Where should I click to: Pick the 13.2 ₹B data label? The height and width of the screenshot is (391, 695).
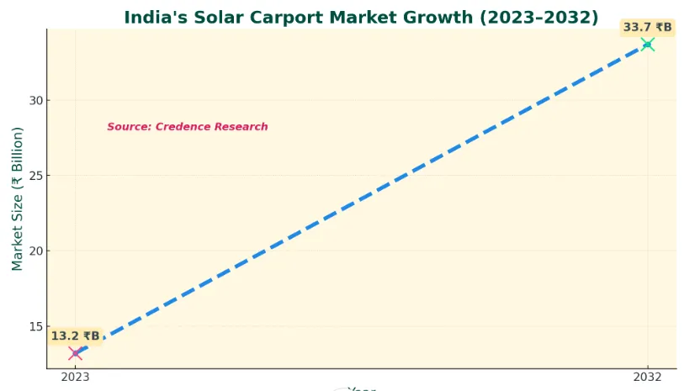pyautogui.click(x=75, y=336)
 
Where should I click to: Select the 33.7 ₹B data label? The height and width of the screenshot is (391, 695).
pyautogui.click(x=647, y=28)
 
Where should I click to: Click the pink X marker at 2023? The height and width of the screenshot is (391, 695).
pyautogui.click(x=75, y=353)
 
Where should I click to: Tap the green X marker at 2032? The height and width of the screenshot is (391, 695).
pyautogui.click(x=647, y=44)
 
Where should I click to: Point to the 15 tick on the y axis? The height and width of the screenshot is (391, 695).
pyautogui.click(x=34, y=326)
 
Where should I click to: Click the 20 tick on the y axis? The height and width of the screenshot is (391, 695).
pyautogui.click(x=34, y=251)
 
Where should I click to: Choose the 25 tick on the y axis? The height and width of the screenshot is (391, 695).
pyautogui.click(x=34, y=176)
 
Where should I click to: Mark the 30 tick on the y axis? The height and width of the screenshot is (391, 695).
pyautogui.click(x=34, y=100)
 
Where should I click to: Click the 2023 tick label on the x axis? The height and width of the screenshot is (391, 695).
pyautogui.click(x=75, y=378)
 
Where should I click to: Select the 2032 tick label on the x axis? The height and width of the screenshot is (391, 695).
pyautogui.click(x=647, y=378)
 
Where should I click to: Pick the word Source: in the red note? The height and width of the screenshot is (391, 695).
pyautogui.click(x=130, y=127)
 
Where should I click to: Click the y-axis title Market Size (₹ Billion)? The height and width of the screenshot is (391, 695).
pyautogui.click(x=17, y=198)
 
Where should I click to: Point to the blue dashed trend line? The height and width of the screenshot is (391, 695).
pyautogui.click(x=361, y=198)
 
